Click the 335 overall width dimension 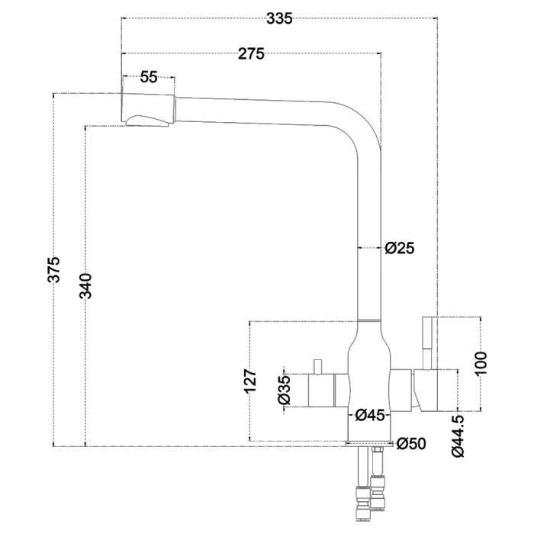pyautogui.click(x=279, y=19)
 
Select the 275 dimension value pyautogui.click(x=251, y=54)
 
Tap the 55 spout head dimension pyautogui.click(x=149, y=77)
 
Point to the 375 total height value pyautogui.click(x=54, y=270)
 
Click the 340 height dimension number pyautogui.click(x=85, y=286)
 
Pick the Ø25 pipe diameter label pyautogui.click(x=400, y=248)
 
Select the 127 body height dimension pyautogui.click(x=250, y=381)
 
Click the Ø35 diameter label pyautogui.click(x=285, y=390)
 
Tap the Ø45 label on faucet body pyautogui.click(x=369, y=415)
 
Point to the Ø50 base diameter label pyautogui.click(x=411, y=443)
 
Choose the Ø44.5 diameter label pyautogui.click(x=458, y=436)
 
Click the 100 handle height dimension pyautogui.click(x=481, y=364)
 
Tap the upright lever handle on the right pyautogui.click(x=427, y=343)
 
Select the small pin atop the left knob pyautogui.click(x=317, y=366)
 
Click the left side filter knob pyautogui.click(x=321, y=390)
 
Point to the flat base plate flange pyautogui.click(x=369, y=443)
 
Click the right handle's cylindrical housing pyautogui.click(x=425, y=391)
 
